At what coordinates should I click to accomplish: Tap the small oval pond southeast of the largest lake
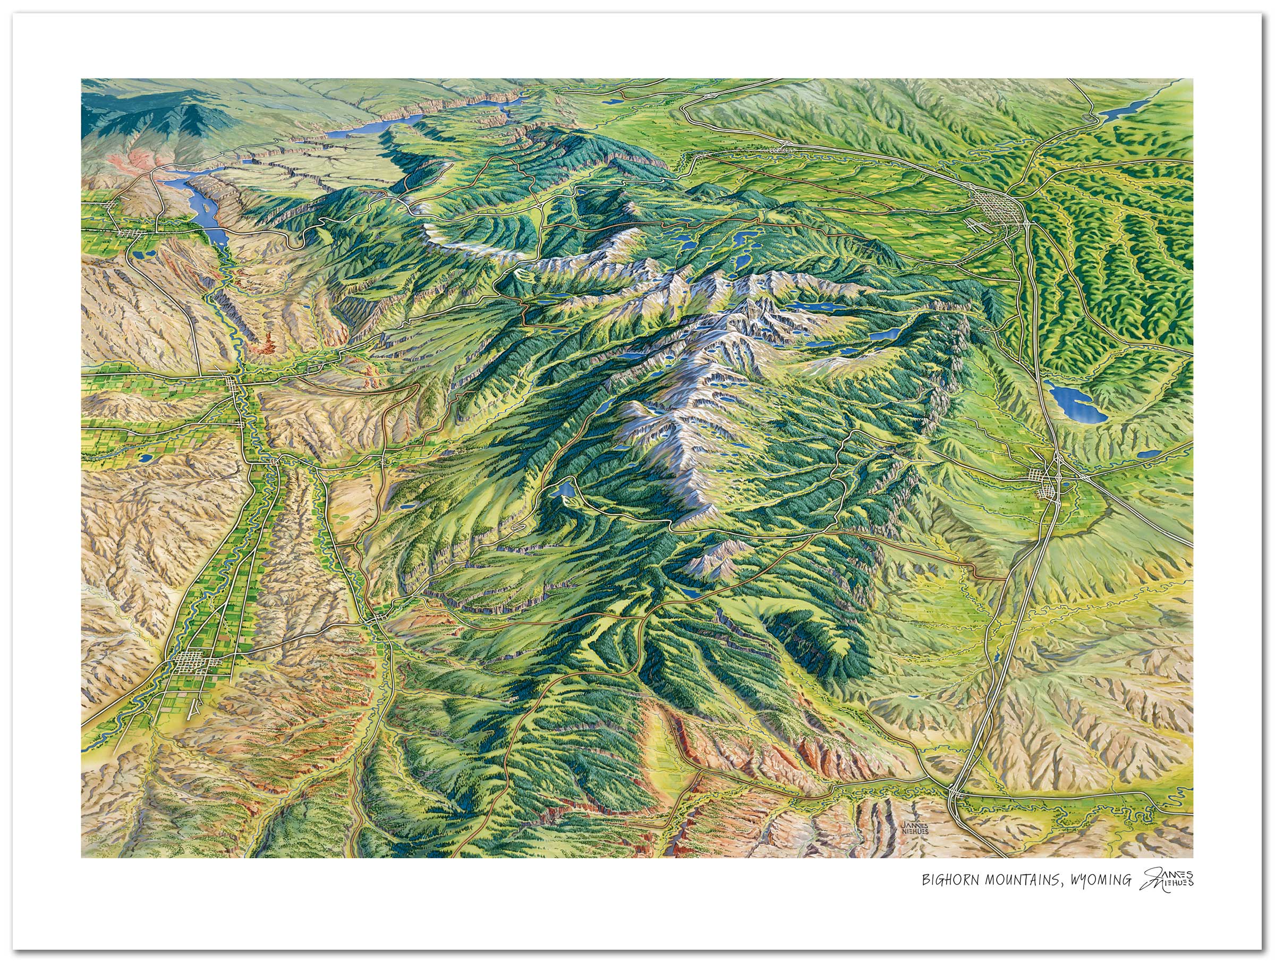coord(1147,454)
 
